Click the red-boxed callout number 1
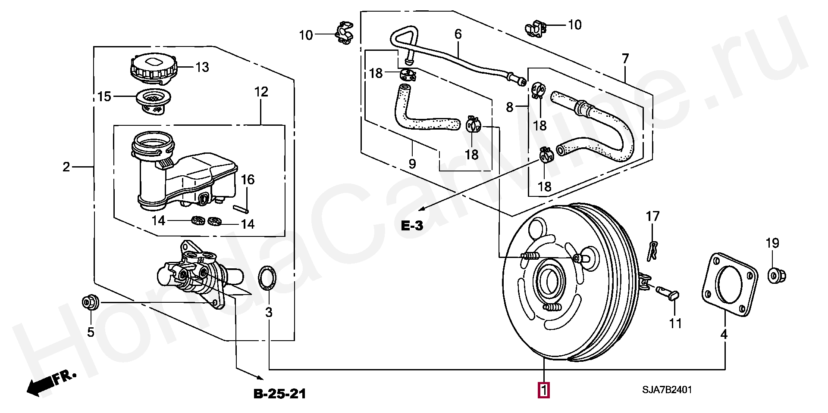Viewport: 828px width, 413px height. pyautogui.click(x=544, y=390)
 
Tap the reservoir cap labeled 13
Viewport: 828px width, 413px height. pyautogui.click(x=153, y=68)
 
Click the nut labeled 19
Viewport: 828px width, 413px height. pyautogui.click(x=777, y=274)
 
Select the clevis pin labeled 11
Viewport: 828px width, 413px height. pyautogui.click(x=668, y=293)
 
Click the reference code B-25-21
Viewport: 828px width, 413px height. pyautogui.click(x=279, y=394)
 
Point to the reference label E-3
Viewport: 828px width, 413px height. pyautogui.click(x=412, y=225)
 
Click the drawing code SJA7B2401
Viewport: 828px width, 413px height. pyautogui.click(x=667, y=390)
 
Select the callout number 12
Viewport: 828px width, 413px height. pyautogui.click(x=261, y=92)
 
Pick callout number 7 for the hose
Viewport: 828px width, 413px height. pyautogui.click(x=625, y=59)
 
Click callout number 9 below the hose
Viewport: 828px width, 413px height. pyautogui.click(x=412, y=164)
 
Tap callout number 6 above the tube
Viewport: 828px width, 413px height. pyautogui.click(x=458, y=34)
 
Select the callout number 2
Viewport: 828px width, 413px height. pyautogui.click(x=66, y=167)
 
